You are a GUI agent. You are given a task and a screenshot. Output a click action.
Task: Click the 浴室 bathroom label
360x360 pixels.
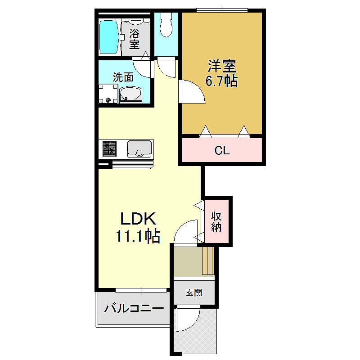pos(134,39)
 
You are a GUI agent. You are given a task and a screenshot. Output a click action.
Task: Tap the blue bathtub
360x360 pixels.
pos(109,37)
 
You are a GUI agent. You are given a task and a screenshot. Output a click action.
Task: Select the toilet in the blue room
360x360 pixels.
pos(166,25)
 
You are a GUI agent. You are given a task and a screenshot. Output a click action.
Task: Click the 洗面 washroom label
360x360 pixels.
pos(123,77)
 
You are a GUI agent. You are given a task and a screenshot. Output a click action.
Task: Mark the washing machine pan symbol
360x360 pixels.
pos(108,94)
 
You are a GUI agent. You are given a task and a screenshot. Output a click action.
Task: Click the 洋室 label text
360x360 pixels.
pos(221,67)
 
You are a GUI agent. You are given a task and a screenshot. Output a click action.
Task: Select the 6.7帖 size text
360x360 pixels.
pos(221,81)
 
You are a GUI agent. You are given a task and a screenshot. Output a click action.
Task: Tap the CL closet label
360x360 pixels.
pos(222,150)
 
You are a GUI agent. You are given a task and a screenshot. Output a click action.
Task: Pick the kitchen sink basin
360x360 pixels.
pos(139,148)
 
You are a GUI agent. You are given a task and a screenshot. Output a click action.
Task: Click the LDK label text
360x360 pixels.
pos(138,219)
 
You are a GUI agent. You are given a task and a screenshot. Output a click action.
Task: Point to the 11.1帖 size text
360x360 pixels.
pos(138,236)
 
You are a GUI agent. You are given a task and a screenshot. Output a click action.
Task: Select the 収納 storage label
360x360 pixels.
pos(217,221)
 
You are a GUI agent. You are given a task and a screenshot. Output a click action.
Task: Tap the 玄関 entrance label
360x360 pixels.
pos(194,293)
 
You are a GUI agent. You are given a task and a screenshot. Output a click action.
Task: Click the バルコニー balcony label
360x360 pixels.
pos(134,309)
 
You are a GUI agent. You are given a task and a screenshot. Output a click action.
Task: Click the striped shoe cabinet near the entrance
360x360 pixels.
pos(208,260)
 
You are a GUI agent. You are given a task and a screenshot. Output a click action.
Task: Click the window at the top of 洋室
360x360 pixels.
pos(222,10)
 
